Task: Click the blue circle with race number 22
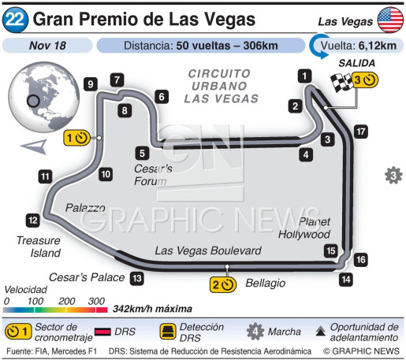(x=16, y=17)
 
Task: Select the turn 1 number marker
(x=304, y=76)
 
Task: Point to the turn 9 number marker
(x=91, y=84)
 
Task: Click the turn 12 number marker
(x=32, y=221)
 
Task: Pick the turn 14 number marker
(x=345, y=278)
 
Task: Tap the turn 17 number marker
(x=360, y=132)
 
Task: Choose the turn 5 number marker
(x=141, y=153)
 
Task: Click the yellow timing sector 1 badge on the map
(x=76, y=139)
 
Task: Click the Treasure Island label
(x=35, y=247)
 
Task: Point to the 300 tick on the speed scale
(x=96, y=301)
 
